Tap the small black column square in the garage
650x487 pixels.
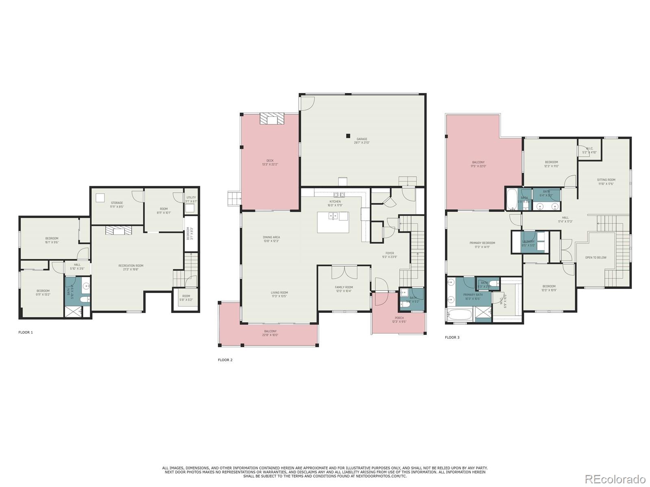point(348,136)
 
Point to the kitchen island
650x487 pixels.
point(333,222)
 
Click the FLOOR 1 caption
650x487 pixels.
point(26,332)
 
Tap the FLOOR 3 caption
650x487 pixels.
point(452,337)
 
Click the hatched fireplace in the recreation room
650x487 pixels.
point(119,231)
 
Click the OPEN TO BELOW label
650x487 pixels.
point(596,257)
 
